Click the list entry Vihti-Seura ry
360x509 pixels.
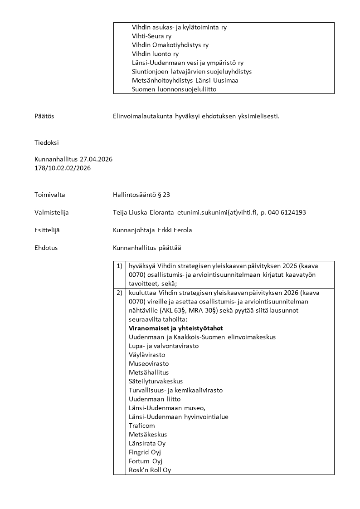coord(151,36)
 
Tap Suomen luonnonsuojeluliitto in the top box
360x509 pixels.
coord(174,89)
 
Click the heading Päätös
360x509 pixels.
coord(44,116)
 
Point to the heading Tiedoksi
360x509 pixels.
coord(47,142)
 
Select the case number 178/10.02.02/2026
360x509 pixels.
coord(63,168)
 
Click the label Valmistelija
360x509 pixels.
coord(52,212)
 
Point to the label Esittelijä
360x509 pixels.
coord(47,230)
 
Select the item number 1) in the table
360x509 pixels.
coord(119,266)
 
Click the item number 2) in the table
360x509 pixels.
coord(119,293)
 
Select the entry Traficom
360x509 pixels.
coord(141,426)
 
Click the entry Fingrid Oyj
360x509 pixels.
coord(145,452)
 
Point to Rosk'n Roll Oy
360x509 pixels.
coord(150,470)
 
